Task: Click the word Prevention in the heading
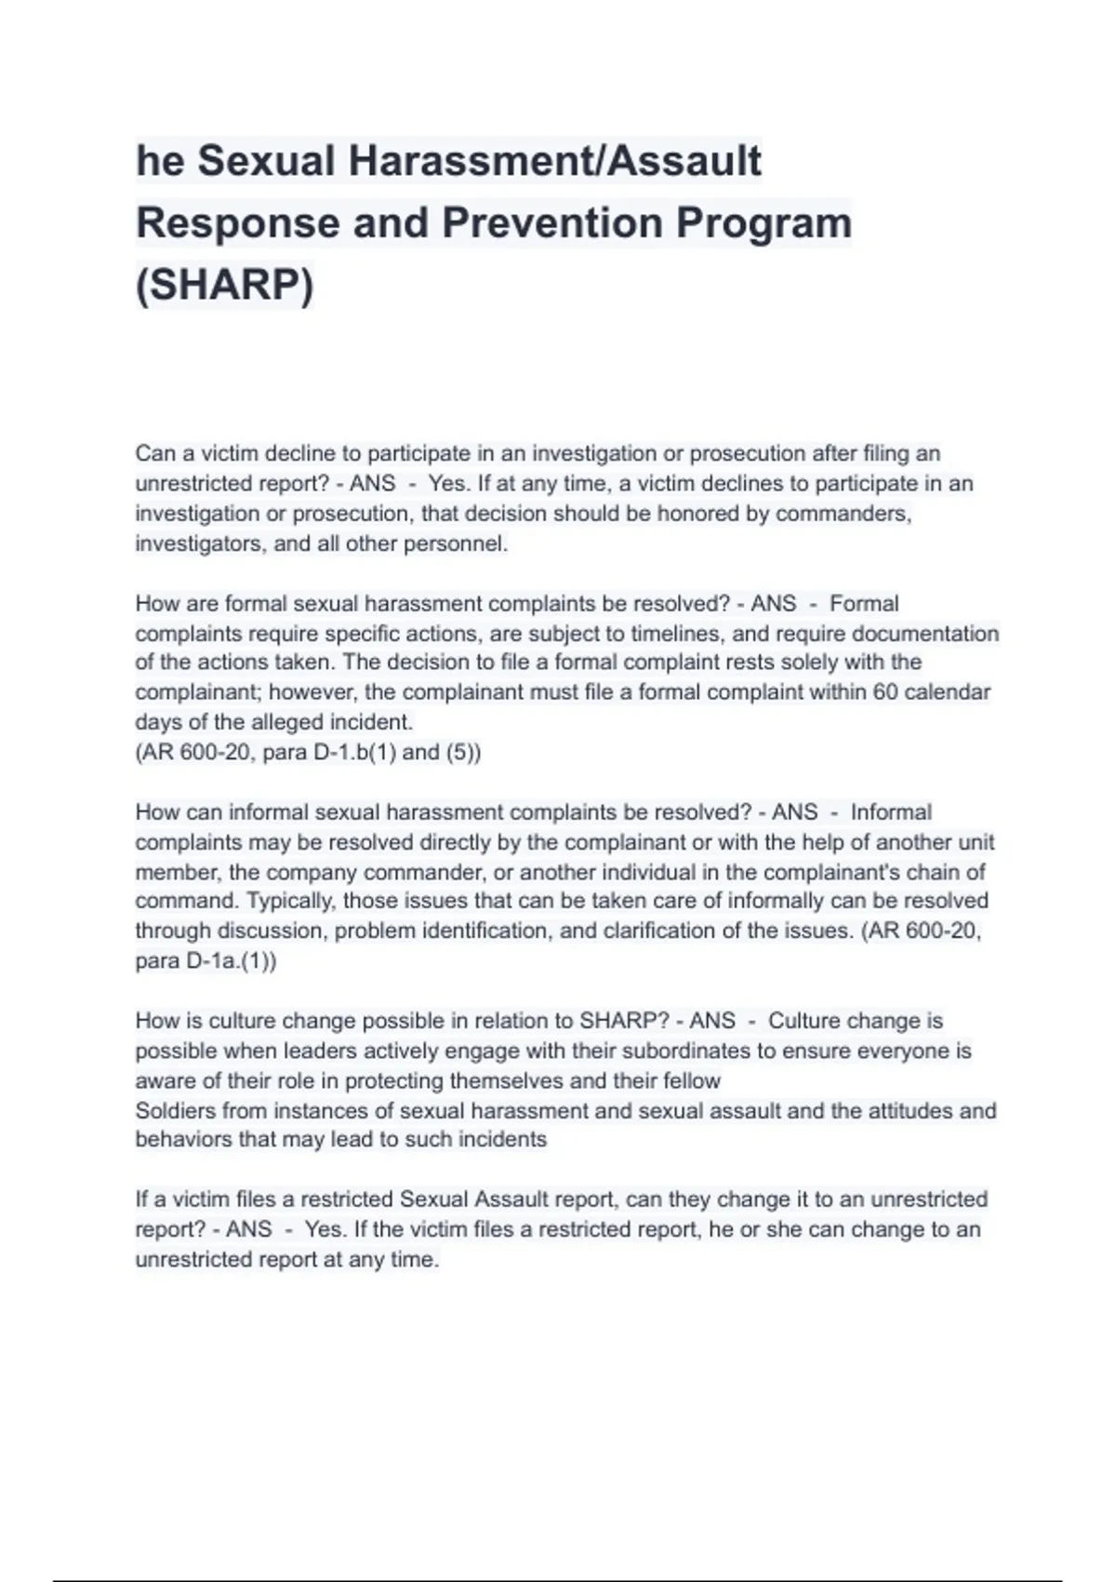(551, 223)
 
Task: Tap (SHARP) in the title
(224, 285)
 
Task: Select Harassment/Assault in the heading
(555, 161)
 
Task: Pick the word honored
(697, 514)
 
